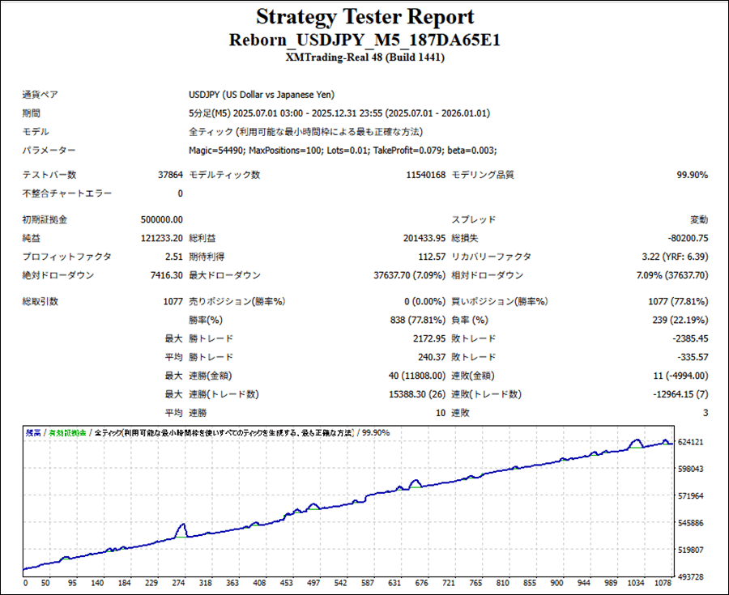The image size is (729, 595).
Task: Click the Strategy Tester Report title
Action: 364,17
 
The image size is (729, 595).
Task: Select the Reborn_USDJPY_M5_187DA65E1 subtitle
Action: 364,40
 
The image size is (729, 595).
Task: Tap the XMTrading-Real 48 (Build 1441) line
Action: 364,57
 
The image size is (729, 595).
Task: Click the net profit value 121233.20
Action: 161,238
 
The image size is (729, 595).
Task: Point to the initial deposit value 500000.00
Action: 161,219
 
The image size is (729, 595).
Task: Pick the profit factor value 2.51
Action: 172,257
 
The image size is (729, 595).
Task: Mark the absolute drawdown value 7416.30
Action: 165,275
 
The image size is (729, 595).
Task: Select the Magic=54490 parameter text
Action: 215,150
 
